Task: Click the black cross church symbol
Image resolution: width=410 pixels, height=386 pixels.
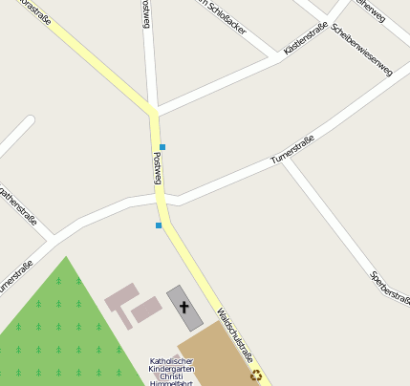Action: tap(184, 307)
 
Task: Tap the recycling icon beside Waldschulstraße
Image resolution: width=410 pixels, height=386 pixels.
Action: tap(256, 375)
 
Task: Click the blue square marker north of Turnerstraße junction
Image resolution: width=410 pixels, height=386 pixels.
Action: tap(162, 146)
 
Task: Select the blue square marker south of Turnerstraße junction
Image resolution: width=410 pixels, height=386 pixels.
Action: tap(159, 225)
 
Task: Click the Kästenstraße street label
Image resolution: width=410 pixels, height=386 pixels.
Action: tap(306, 37)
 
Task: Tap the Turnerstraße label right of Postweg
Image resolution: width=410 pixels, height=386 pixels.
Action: tap(292, 150)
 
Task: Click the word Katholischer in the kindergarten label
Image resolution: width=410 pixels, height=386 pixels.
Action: tap(172, 361)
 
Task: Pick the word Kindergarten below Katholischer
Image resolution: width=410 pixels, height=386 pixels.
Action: tap(173, 369)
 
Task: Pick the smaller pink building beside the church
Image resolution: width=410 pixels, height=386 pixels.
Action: tap(146, 308)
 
